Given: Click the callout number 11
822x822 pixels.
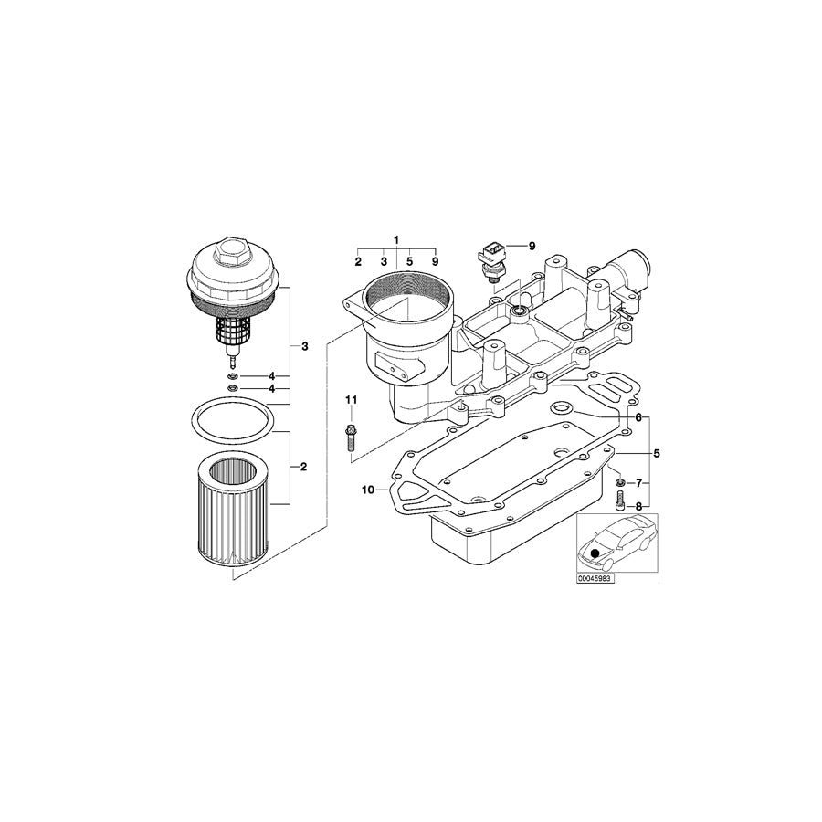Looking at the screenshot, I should pyautogui.click(x=351, y=400).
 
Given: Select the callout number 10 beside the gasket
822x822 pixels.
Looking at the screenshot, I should pyautogui.click(x=367, y=490).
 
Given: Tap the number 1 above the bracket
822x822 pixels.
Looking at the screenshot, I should pyautogui.click(x=396, y=239).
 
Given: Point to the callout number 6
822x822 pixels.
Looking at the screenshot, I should pyautogui.click(x=638, y=417).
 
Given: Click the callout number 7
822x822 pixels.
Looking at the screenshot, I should pyautogui.click(x=639, y=481).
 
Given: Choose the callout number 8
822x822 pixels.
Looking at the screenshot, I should pyautogui.click(x=639, y=505).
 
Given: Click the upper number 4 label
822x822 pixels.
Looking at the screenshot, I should pyautogui.click(x=271, y=376).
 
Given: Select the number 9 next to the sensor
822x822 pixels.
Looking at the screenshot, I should pyautogui.click(x=532, y=246).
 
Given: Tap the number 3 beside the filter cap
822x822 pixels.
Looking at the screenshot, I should pyautogui.click(x=304, y=346).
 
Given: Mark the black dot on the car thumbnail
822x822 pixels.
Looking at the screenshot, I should pyautogui.click(x=595, y=553).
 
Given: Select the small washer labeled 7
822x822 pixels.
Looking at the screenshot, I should pyautogui.click(x=619, y=480).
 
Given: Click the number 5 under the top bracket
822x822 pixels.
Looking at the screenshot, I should pyautogui.click(x=409, y=262).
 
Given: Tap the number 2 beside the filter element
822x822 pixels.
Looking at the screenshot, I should pyautogui.click(x=304, y=467).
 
